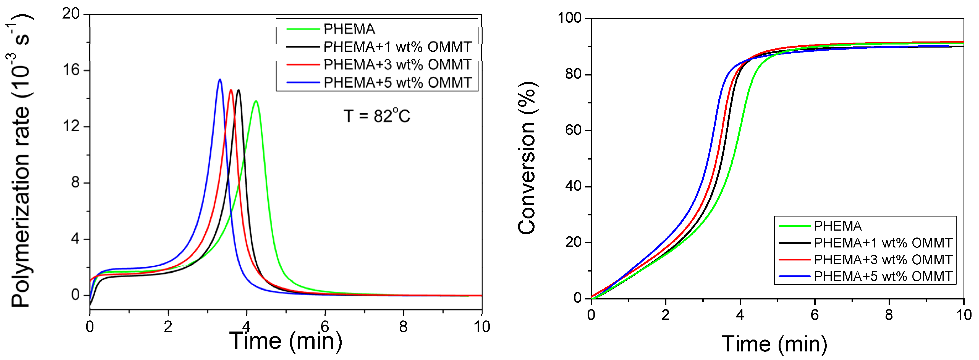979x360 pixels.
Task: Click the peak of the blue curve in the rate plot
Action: click(x=220, y=79)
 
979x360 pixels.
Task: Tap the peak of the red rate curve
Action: click(x=231, y=90)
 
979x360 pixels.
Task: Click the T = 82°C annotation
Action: click(x=377, y=116)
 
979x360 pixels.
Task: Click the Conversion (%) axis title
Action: click(x=527, y=158)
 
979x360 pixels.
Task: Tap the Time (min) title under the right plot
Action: click(x=774, y=344)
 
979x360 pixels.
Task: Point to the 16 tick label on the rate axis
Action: click(x=71, y=70)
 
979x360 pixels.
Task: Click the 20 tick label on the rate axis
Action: click(x=71, y=14)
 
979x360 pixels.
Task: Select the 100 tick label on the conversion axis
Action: click(x=569, y=18)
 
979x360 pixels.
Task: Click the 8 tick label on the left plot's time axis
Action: click(x=403, y=326)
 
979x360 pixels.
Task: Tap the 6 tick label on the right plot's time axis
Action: click(x=815, y=315)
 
